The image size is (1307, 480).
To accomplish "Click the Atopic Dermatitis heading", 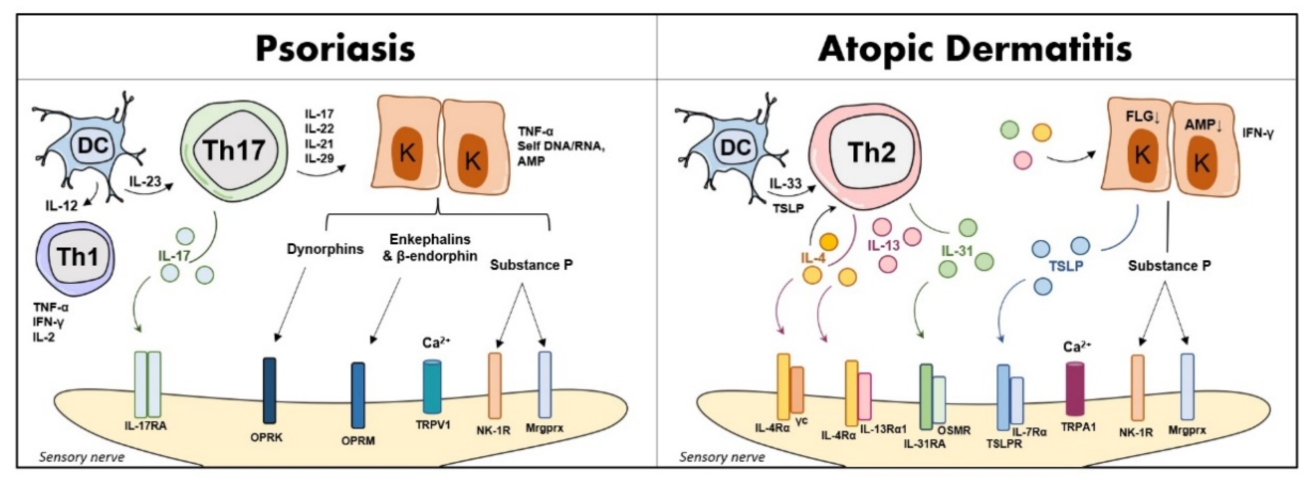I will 975,49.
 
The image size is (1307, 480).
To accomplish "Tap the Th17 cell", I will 234,150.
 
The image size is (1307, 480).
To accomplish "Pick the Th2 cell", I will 871,153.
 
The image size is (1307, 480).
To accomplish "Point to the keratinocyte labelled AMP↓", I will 1205,157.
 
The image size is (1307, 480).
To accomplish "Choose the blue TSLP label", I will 1066,266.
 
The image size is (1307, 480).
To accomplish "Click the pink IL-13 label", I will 883,246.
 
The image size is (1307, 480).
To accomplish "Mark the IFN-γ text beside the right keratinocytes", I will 1258,134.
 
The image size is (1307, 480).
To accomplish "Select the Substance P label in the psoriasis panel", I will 531,265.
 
